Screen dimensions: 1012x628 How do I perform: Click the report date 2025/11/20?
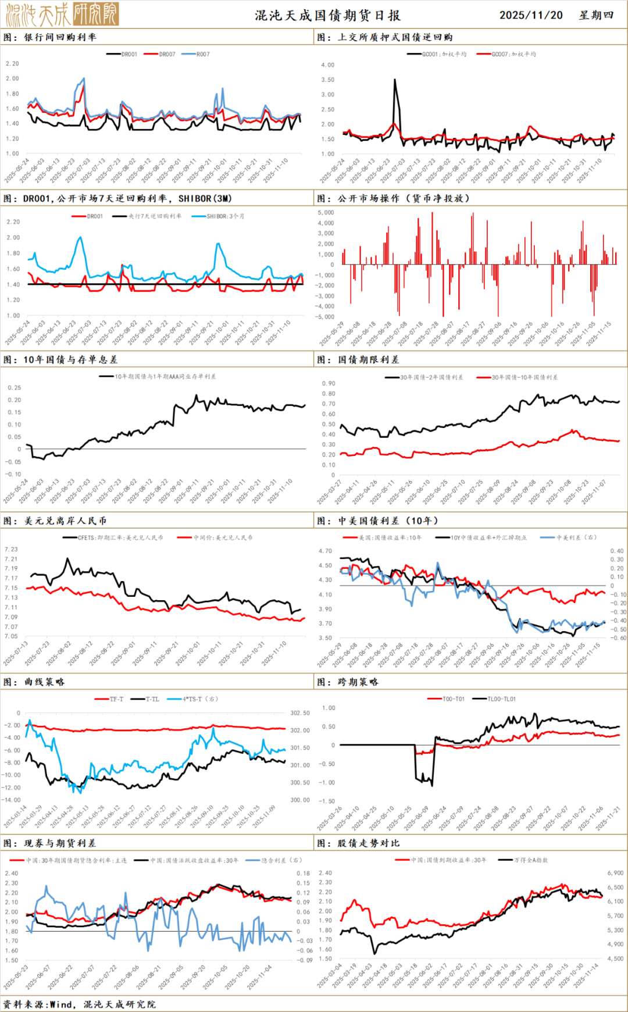[x=531, y=15]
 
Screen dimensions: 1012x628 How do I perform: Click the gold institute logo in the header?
[x=62, y=14]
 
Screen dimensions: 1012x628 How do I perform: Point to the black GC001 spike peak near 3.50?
[x=395, y=80]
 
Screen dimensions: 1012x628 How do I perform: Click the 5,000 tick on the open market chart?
[x=326, y=213]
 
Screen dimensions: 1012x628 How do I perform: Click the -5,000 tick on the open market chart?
[x=325, y=317]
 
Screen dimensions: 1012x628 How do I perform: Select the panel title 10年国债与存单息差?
[x=70, y=359]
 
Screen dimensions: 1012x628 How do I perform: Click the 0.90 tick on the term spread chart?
[x=329, y=383]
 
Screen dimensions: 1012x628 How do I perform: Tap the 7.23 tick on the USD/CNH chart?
[x=11, y=549]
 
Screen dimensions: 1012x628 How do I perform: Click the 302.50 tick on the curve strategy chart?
[x=300, y=713]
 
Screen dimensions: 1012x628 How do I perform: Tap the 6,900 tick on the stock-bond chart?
[x=615, y=873]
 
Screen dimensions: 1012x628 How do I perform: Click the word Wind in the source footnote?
[x=61, y=1004]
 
